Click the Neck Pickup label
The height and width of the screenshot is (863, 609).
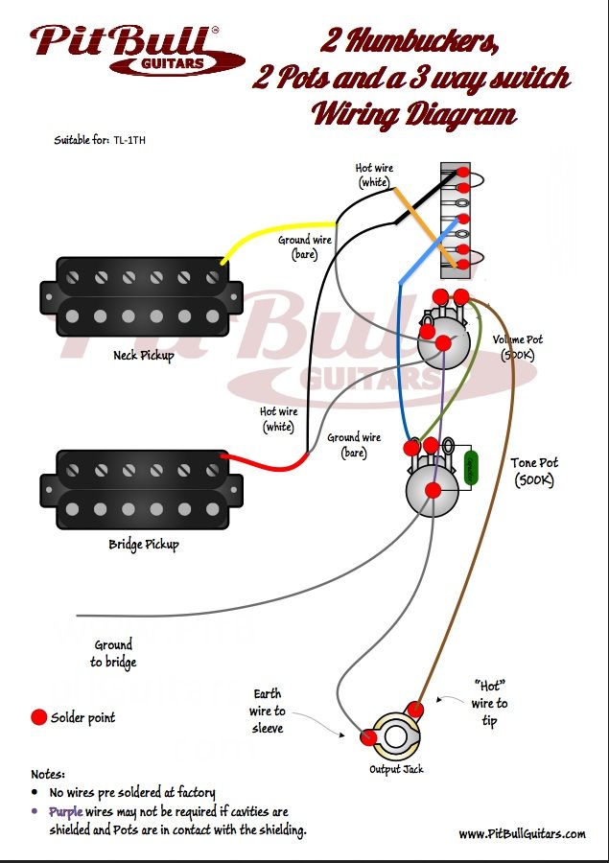[x=143, y=356]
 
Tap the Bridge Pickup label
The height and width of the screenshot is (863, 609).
[x=144, y=545]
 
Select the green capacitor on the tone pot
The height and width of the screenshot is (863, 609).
[x=471, y=468]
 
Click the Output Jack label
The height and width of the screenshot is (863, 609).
[x=396, y=769]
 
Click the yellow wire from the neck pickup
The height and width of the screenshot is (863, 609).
[x=277, y=236]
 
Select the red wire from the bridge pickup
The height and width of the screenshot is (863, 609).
[x=265, y=463]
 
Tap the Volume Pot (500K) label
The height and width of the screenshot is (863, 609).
[x=517, y=347]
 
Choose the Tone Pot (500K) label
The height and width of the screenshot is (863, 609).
[x=533, y=472]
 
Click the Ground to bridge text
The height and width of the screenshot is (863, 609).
[x=113, y=654]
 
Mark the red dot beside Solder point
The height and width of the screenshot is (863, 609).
[x=38, y=717]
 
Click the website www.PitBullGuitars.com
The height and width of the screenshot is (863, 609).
[x=522, y=834]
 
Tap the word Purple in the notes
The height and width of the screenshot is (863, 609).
[x=66, y=812]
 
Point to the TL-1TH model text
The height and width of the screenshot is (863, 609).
[x=129, y=140]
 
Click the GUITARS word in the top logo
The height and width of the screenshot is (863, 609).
[x=173, y=64]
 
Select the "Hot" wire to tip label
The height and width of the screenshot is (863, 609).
[x=489, y=703]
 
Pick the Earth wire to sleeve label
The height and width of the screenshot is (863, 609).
[x=267, y=711]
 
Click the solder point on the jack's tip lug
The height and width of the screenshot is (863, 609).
[x=414, y=709]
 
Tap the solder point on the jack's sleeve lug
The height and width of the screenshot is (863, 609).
[x=368, y=737]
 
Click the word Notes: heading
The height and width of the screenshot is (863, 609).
[x=48, y=775]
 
